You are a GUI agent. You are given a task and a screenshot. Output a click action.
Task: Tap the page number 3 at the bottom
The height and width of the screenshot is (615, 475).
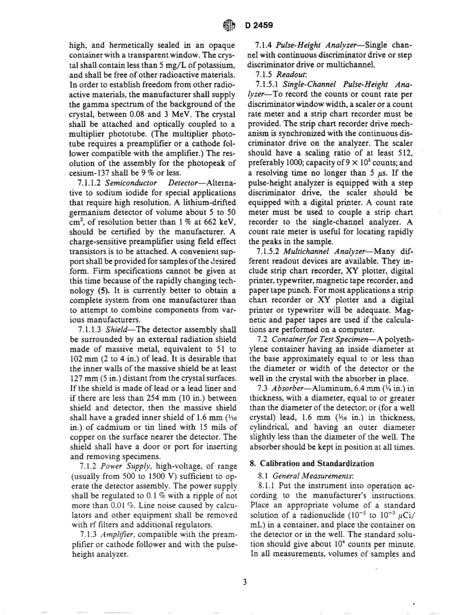point(244,581)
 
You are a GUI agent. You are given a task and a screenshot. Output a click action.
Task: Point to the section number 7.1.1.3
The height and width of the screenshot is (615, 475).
point(91,329)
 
